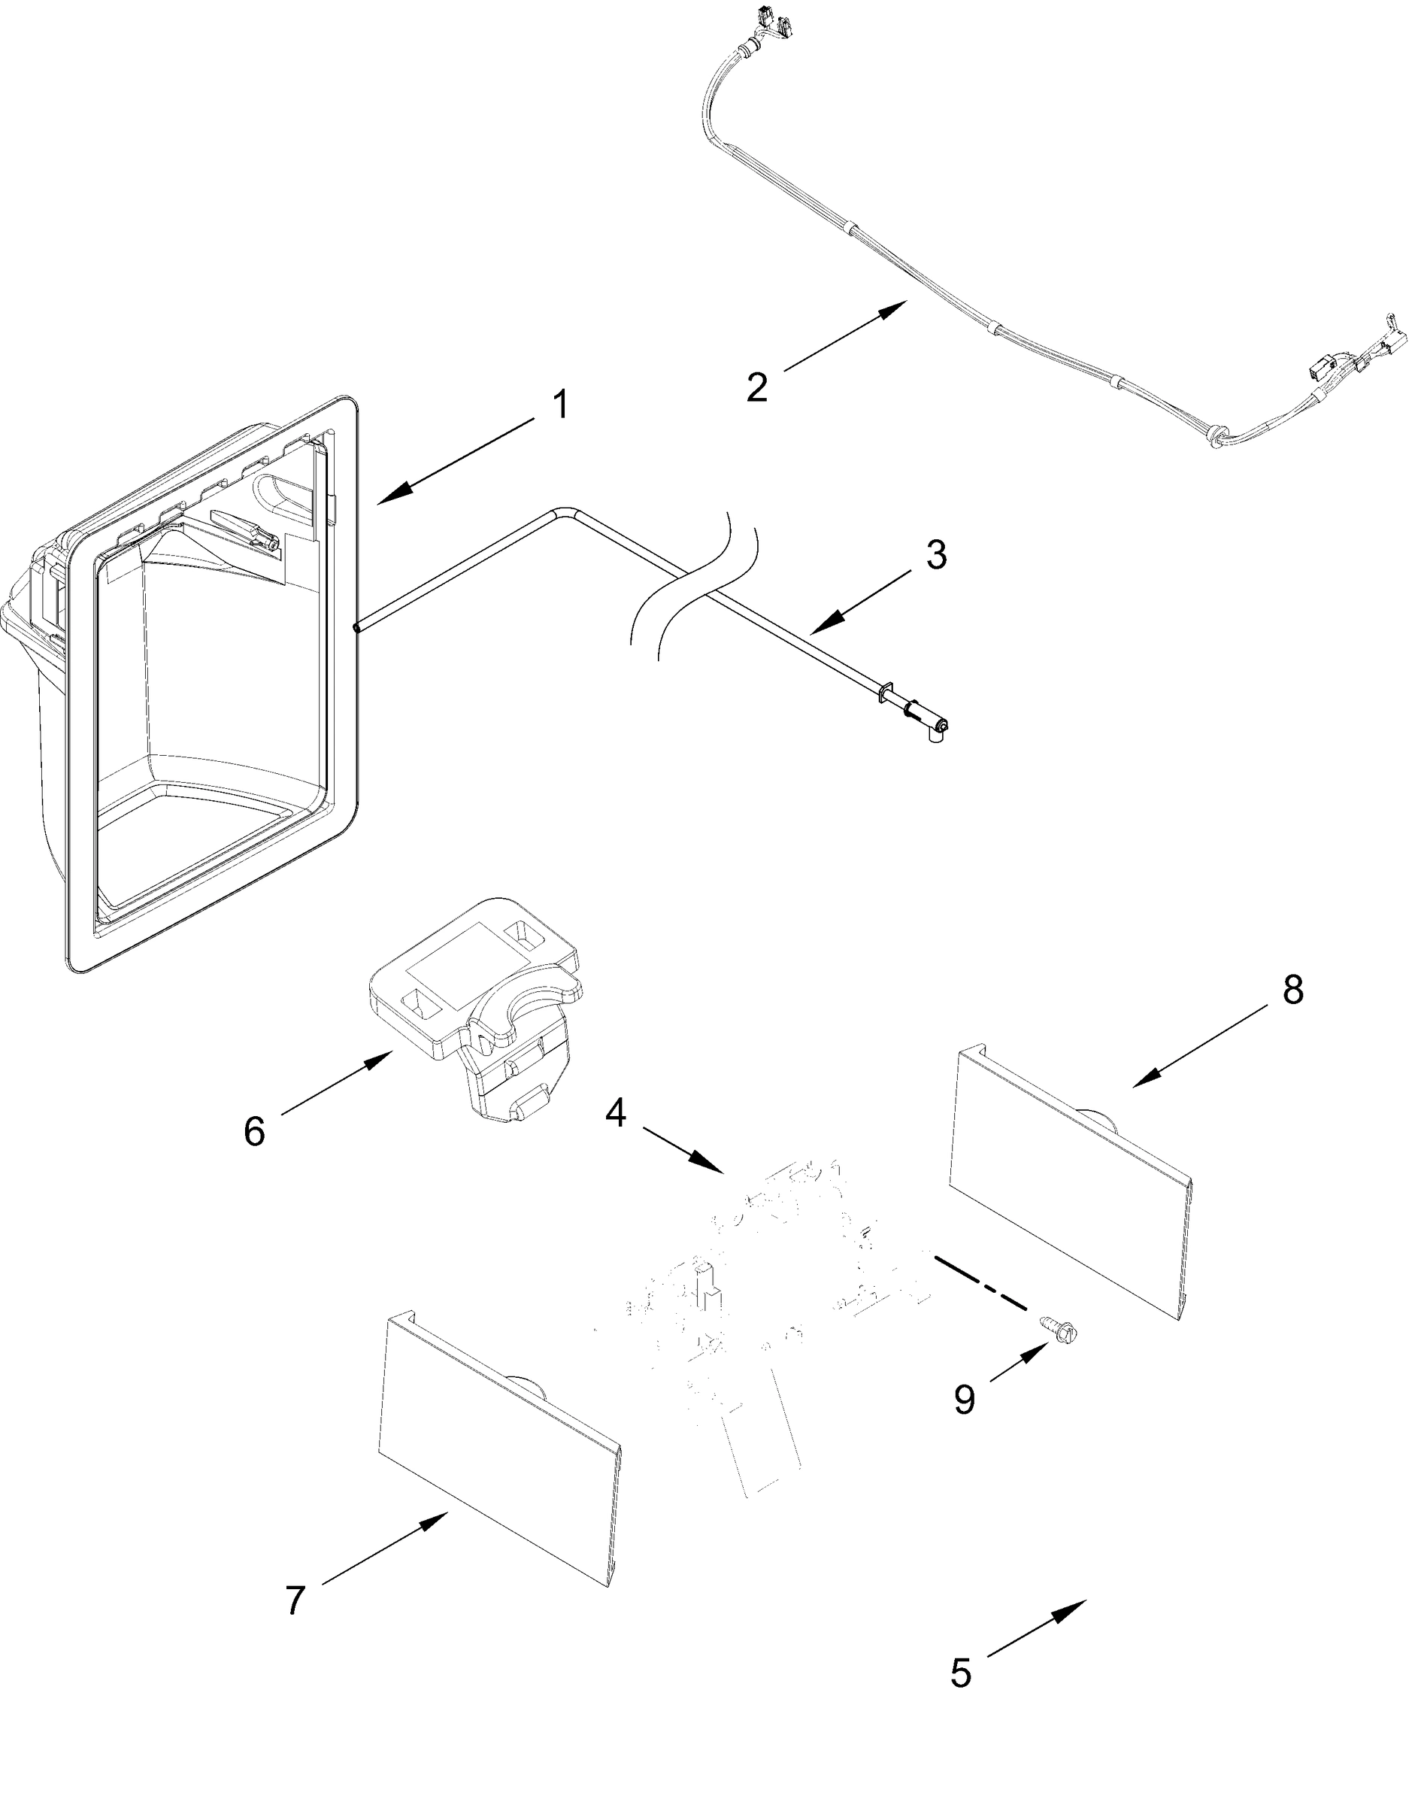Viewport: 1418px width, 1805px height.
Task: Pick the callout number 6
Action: click(x=254, y=1132)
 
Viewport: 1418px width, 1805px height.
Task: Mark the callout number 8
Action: click(x=1292, y=990)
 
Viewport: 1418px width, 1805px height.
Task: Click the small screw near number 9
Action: click(x=1052, y=1326)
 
